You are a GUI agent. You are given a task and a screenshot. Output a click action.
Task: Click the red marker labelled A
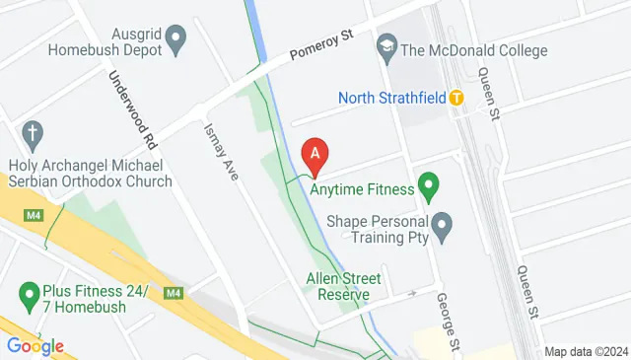click(x=315, y=155)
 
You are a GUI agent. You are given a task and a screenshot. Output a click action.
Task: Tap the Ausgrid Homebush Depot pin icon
click(x=176, y=40)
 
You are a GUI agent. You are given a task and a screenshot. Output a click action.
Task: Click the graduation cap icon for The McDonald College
click(x=386, y=46)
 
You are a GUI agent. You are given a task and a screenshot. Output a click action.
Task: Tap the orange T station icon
click(x=456, y=98)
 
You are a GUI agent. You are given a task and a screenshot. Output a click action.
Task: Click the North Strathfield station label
click(x=391, y=98)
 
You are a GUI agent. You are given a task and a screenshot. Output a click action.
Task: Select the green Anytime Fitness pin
click(x=428, y=183)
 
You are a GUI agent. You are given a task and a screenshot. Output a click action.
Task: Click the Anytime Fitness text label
click(x=360, y=185)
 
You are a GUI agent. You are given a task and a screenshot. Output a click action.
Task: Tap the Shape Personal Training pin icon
click(x=443, y=227)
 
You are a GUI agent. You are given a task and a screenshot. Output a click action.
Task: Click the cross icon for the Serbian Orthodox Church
click(x=33, y=132)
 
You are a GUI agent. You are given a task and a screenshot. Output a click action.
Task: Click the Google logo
click(x=35, y=345)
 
